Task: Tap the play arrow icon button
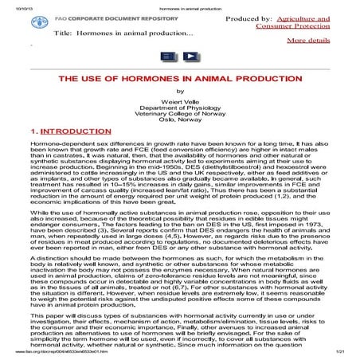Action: pyautogui.click(x=191, y=57)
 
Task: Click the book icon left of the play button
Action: pyautogui.click(x=169, y=57)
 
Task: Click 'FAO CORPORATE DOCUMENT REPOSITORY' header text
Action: pyautogui.click(x=95, y=17)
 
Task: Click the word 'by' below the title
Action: pyautogui.click(x=180, y=95)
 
